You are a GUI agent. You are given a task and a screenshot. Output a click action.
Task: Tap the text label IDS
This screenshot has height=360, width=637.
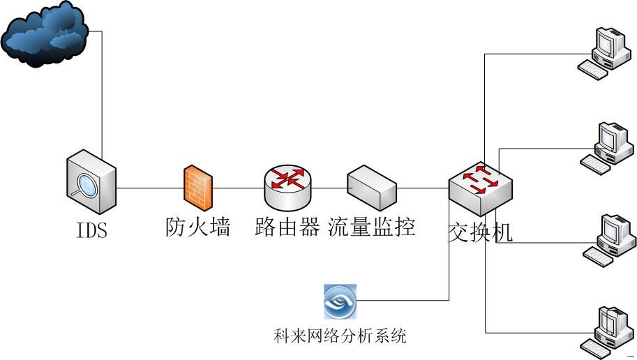91,230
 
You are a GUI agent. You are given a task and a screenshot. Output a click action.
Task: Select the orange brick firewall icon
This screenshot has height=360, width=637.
198,187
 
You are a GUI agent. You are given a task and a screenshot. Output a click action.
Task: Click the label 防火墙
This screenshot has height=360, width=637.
198,227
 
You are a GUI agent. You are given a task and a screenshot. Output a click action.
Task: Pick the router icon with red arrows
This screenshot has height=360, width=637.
288,186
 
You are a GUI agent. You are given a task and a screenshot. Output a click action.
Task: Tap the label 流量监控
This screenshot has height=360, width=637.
372,227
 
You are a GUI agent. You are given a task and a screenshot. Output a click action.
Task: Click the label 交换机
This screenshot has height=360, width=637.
480,231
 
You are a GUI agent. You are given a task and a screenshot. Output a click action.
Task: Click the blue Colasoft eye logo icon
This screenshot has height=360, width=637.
340,301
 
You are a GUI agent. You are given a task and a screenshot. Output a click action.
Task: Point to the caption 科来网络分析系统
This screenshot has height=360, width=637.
340,336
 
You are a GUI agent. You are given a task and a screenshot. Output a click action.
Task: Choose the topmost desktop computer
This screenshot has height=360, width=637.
605,52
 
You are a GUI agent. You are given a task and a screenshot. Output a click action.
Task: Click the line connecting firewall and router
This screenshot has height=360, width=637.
238,188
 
